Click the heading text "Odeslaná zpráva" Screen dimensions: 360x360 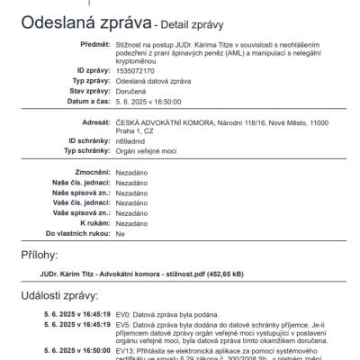pyautogui.click(x=78, y=22)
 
